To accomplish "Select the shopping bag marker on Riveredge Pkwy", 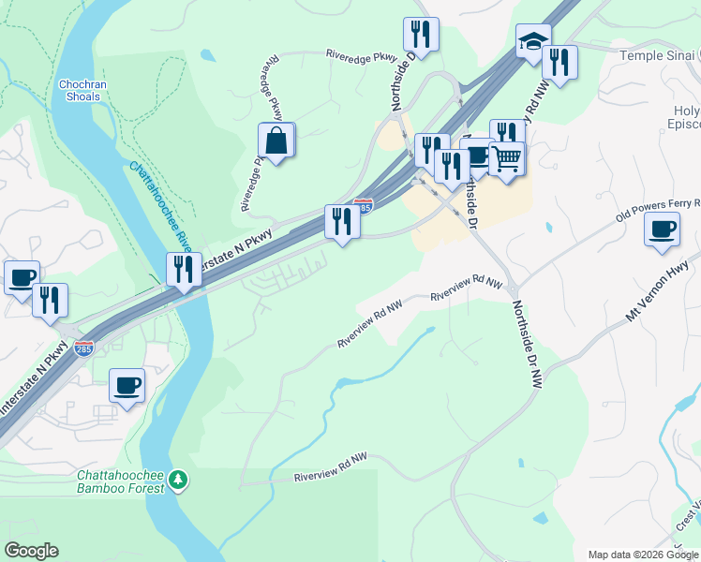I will (277, 141).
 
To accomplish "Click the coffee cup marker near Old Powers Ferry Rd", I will (663, 229).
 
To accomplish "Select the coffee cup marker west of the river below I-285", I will (127, 385).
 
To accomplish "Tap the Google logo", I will (31, 551).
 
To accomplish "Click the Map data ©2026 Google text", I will (642, 555).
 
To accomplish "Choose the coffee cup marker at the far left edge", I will (22, 276).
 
